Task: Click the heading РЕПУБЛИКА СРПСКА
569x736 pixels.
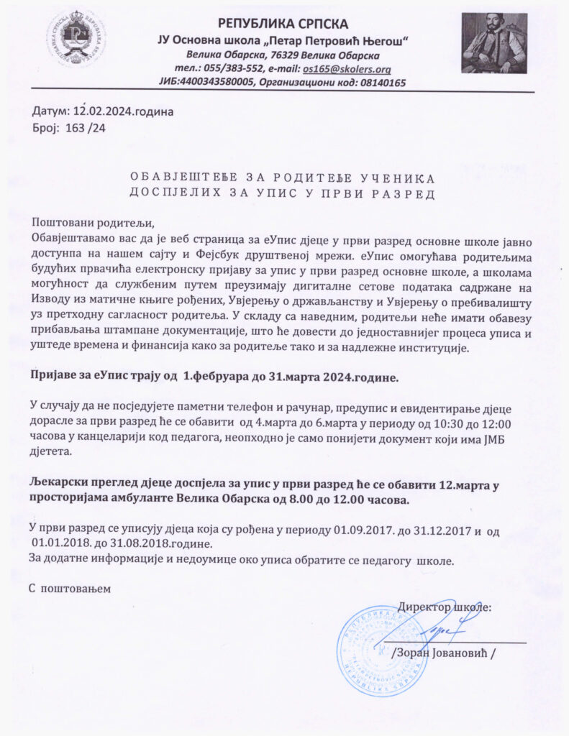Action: [283, 24]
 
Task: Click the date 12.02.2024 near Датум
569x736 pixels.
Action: [101, 112]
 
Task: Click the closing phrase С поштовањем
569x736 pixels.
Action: [70, 588]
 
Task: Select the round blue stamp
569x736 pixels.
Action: [383, 650]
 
